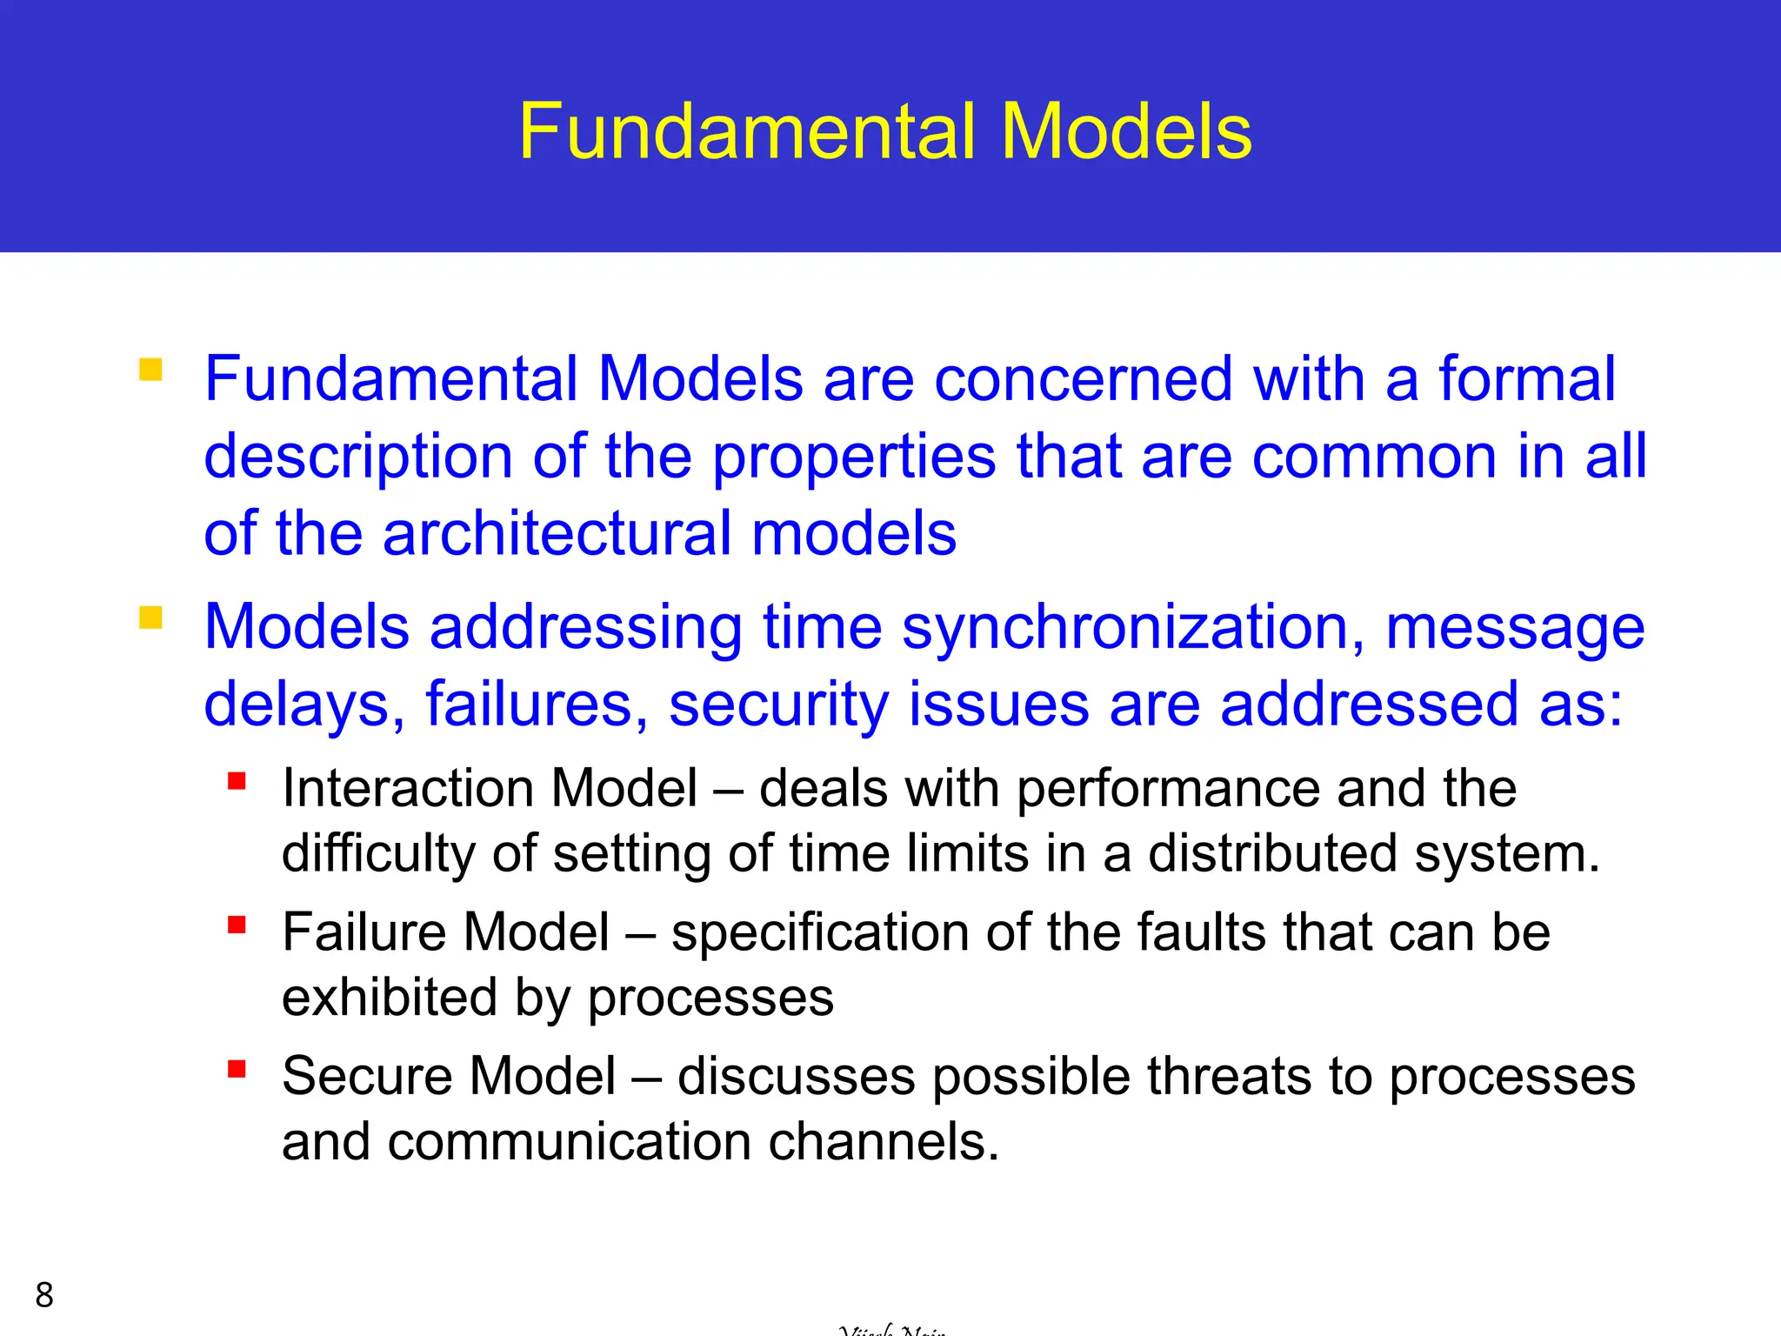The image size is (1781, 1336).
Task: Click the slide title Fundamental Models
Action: [x=884, y=131]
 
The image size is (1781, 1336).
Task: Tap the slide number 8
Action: [x=44, y=1295]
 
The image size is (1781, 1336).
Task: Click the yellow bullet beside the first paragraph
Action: [x=150, y=371]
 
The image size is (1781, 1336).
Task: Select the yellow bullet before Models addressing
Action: [x=150, y=618]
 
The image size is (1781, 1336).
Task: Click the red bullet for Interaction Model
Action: [x=237, y=780]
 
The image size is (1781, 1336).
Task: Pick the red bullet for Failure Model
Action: [x=237, y=924]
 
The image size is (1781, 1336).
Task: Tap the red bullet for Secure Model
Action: [x=237, y=1068]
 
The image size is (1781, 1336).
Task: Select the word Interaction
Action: [x=405, y=788]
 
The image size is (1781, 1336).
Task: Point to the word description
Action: [x=358, y=458]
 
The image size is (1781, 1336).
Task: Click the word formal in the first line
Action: [x=1526, y=378]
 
